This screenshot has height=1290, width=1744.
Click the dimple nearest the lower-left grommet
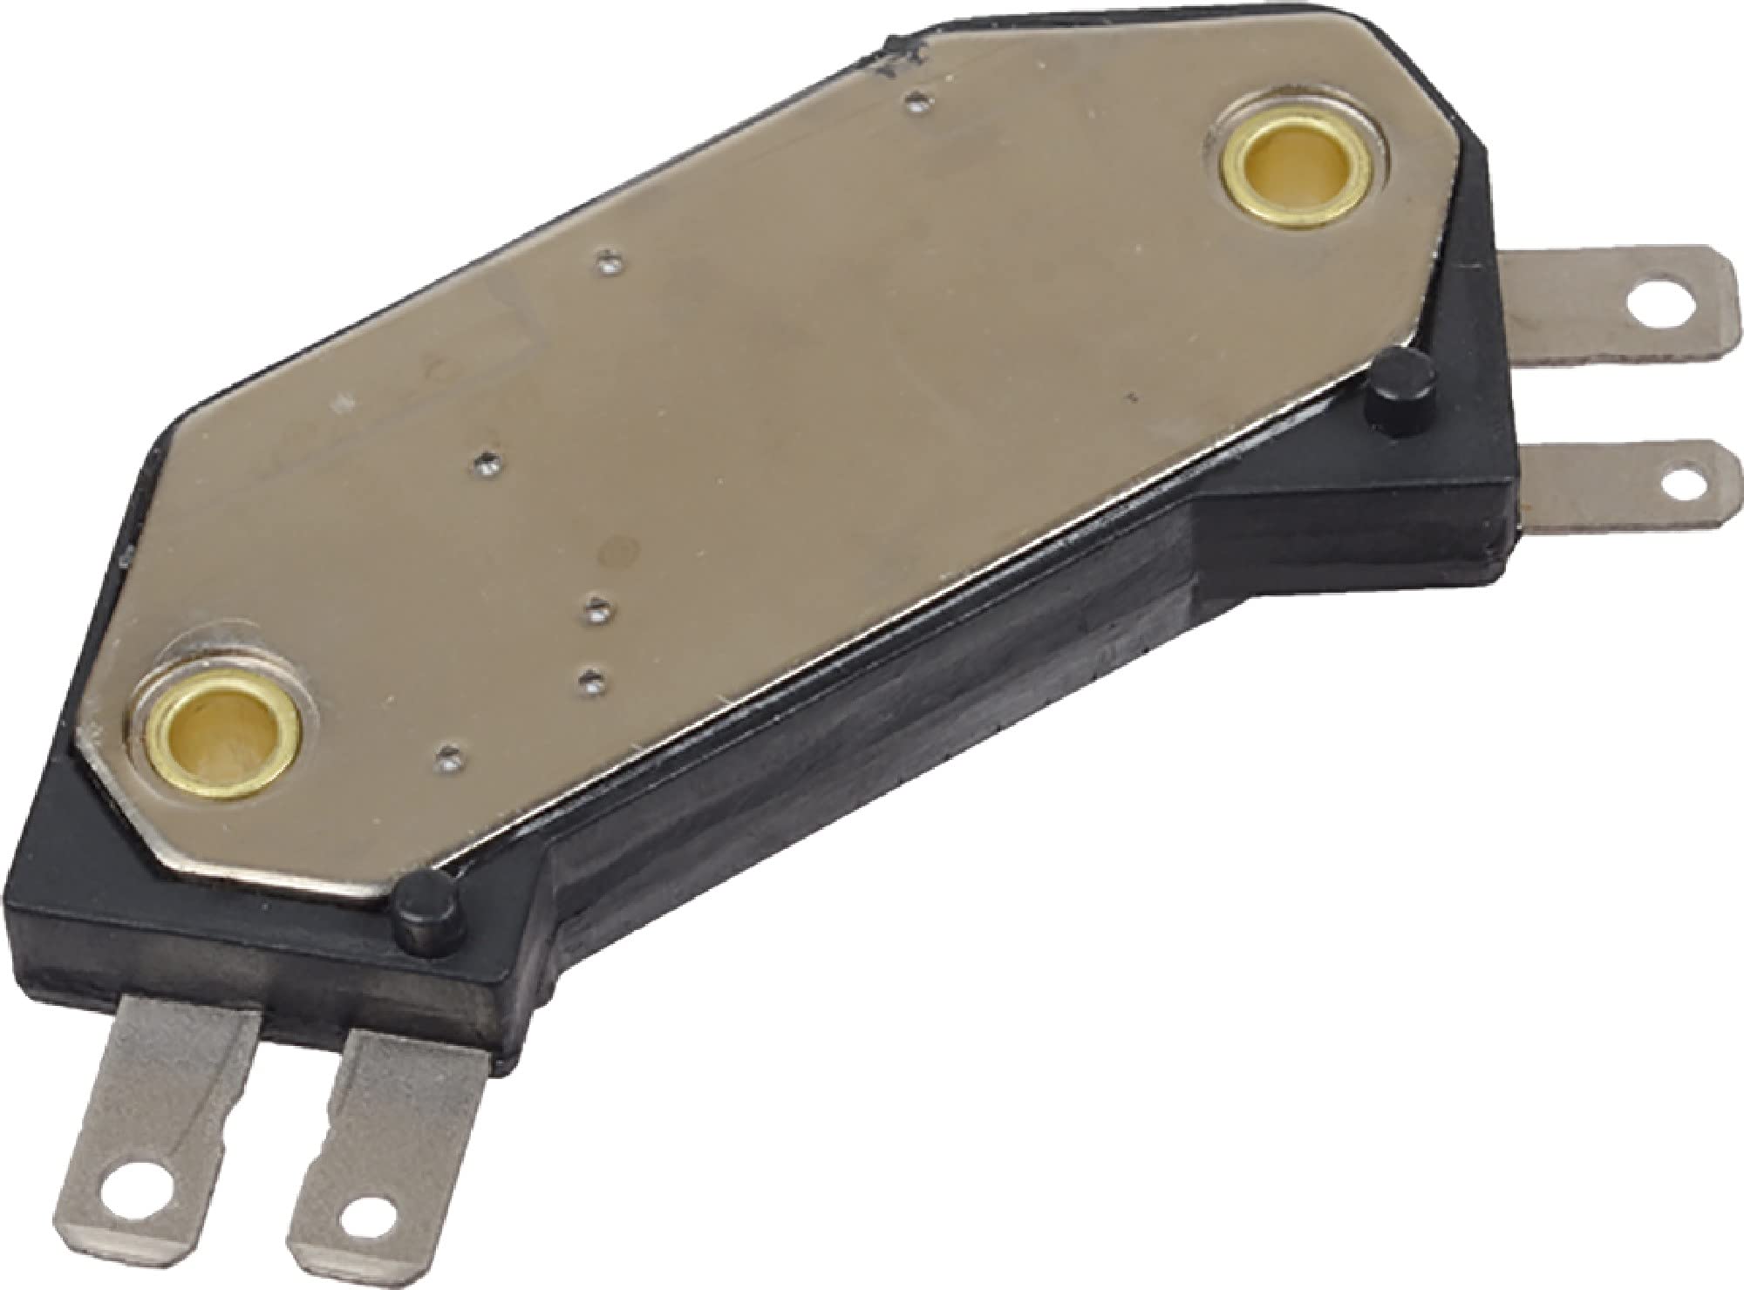point(449,750)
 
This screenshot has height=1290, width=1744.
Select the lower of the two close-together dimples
point(593,677)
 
